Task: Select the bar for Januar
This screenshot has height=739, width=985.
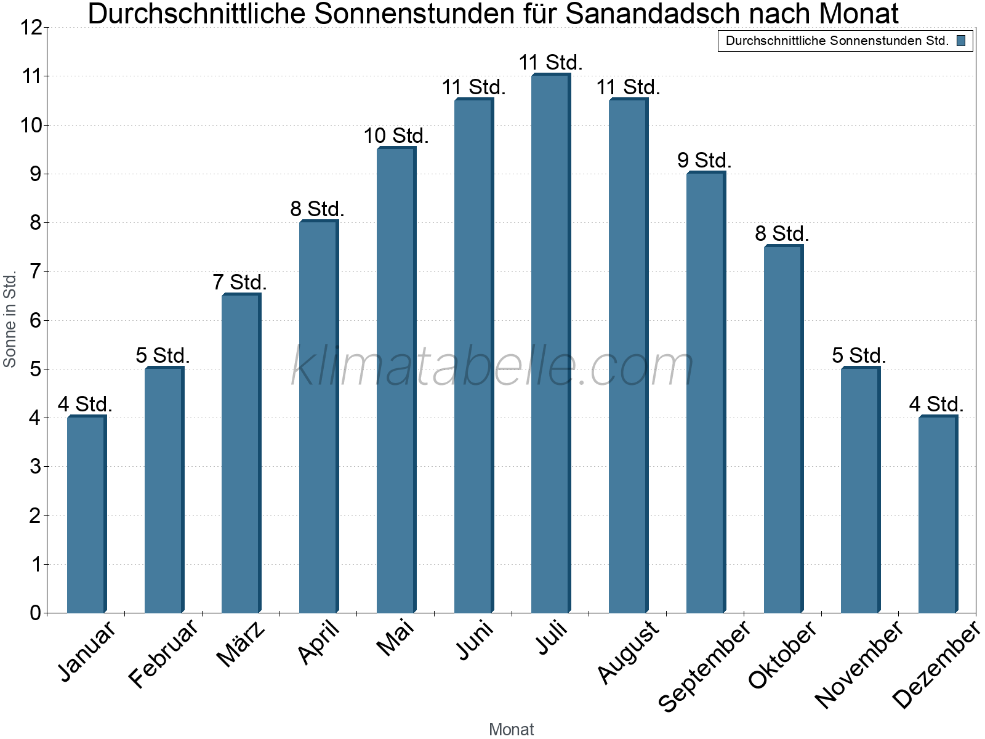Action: [x=86, y=514]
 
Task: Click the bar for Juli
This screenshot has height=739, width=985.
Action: [x=550, y=343]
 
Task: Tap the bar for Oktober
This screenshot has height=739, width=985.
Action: [x=782, y=429]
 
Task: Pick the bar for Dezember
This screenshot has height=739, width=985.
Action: [x=937, y=514]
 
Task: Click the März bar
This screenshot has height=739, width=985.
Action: [x=241, y=453]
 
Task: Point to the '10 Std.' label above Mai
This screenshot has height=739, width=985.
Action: [x=396, y=135]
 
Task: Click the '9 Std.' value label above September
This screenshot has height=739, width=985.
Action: [x=704, y=160]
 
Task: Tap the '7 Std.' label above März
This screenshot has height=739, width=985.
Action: [x=239, y=282]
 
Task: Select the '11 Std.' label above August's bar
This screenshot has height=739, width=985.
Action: [x=628, y=87]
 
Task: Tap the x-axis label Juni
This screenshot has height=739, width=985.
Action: [x=475, y=640]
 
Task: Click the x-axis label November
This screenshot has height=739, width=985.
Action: [x=859, y=664]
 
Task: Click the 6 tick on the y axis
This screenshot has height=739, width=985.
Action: [x=35, y=320]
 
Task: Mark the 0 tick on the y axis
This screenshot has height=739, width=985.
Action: [x=35, y=613]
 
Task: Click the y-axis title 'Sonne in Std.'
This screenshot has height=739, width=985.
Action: [x=10, y=320]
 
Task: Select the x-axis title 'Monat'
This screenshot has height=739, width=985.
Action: [x=511, y=729]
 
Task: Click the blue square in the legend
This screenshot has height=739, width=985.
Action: [x=961, y=41]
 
